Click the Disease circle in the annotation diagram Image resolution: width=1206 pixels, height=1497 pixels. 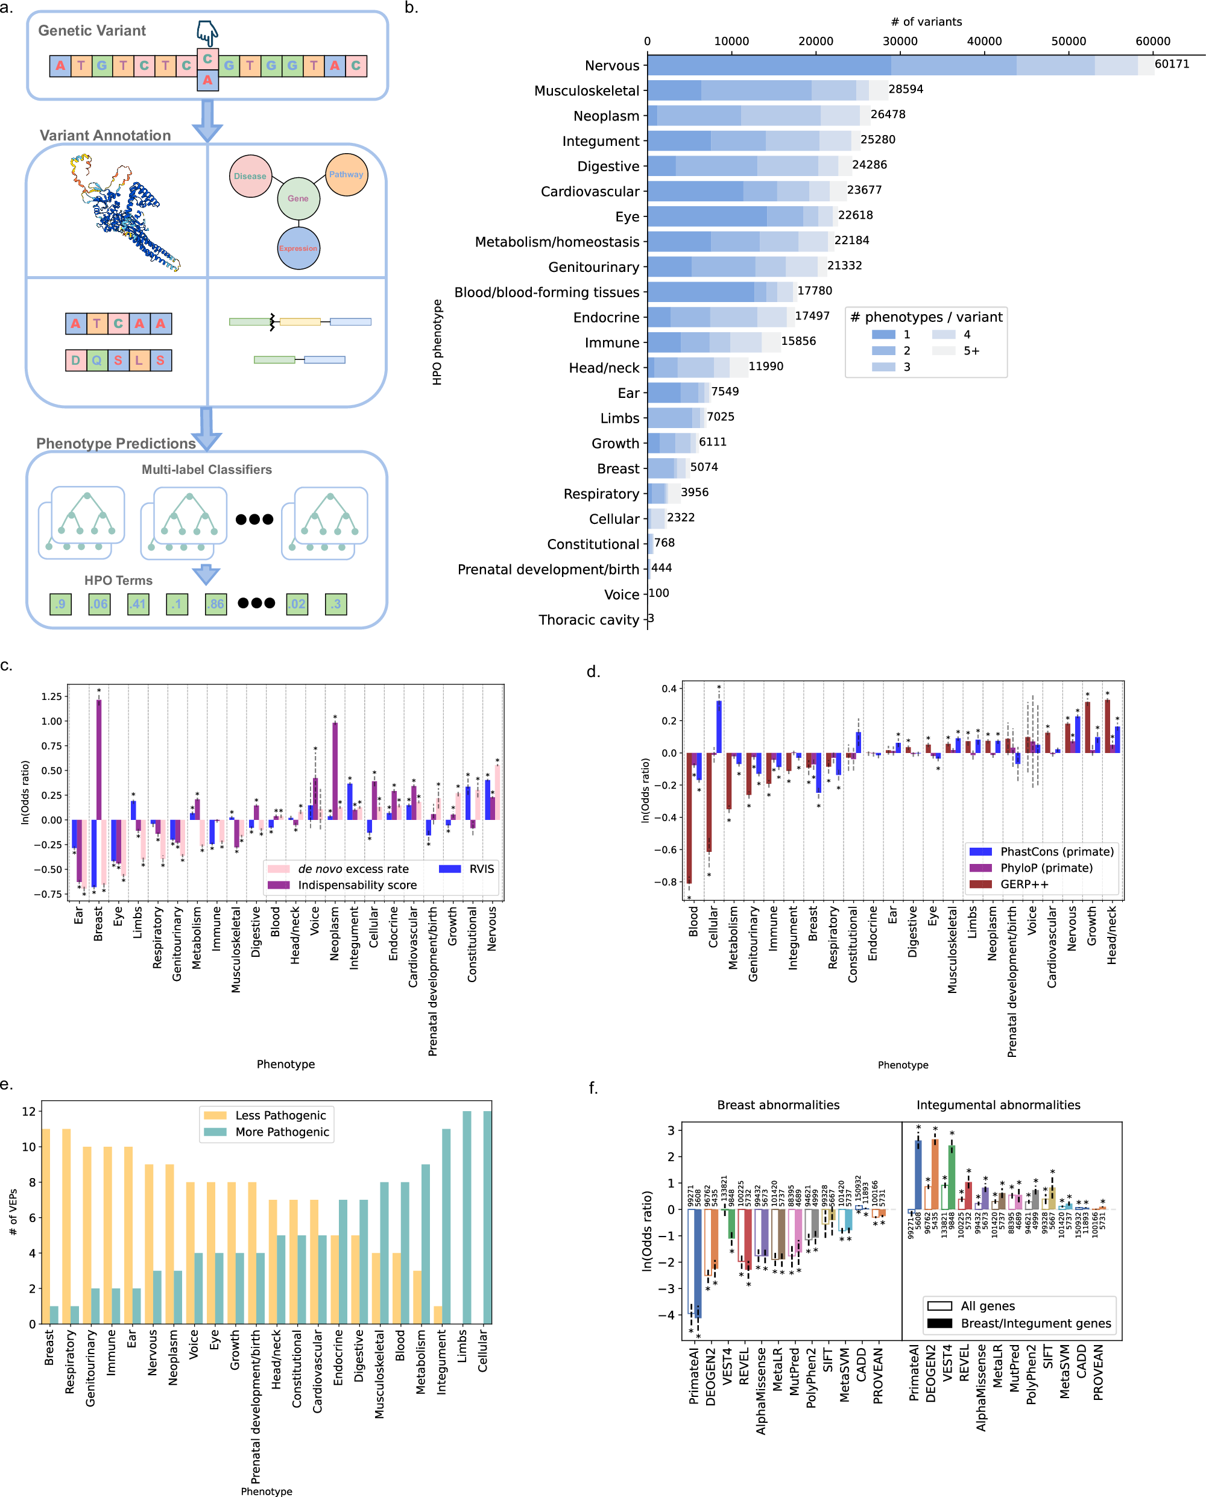pos(250,176)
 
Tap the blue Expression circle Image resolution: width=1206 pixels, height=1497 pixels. pos(298,248)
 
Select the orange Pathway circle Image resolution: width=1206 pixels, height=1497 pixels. pos(346,174)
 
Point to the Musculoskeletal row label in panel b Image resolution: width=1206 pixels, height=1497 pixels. pos(586,91)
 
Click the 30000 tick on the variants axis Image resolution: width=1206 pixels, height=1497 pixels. pos(900,41)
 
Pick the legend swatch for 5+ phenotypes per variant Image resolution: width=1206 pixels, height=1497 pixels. pos(944,351)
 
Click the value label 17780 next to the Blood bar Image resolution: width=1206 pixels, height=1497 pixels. pos(814,291)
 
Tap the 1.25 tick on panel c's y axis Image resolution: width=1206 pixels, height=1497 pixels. pos(51,696)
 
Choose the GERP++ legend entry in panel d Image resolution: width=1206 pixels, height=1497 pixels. pos(1024,884)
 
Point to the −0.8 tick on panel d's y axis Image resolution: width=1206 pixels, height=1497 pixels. pos(668,881)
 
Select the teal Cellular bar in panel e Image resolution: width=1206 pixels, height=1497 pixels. pos(487,1217)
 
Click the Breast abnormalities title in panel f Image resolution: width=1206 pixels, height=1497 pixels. pos(778,1105)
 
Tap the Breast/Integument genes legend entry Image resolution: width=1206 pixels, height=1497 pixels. pos(1035,1323)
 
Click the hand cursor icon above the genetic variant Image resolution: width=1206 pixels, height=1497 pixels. pos(207,33)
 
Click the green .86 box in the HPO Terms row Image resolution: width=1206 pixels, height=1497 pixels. pos(216,604)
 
